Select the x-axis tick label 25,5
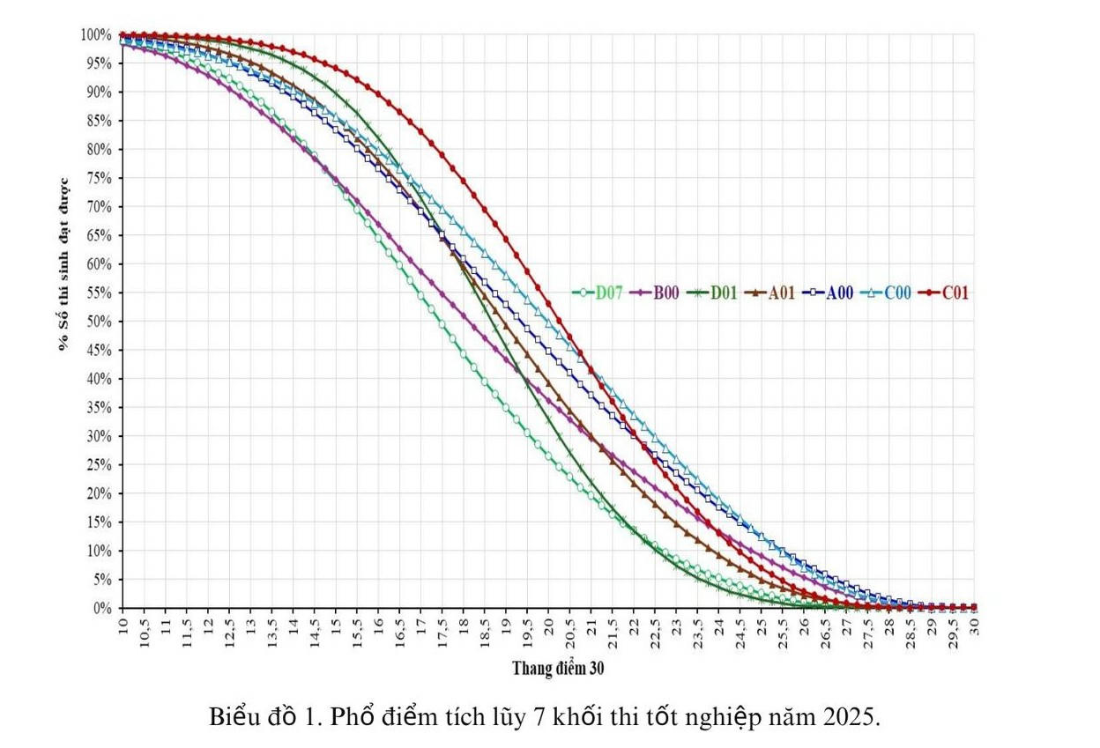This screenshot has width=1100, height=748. click(x=783, y=630)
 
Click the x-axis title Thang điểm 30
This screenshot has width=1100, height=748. click(x=558, y=669)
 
